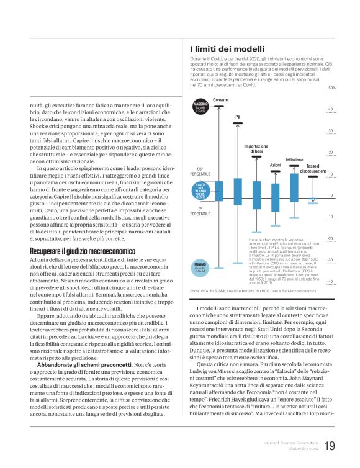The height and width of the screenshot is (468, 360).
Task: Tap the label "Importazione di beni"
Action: tap(256, 148)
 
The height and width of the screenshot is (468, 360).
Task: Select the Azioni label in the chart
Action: tap(276, 165)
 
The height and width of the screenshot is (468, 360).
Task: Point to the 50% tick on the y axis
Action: tap(331, 88)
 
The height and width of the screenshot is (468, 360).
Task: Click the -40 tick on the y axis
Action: tap(331, 281)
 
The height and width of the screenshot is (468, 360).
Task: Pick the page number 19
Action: tap(330, 446)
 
